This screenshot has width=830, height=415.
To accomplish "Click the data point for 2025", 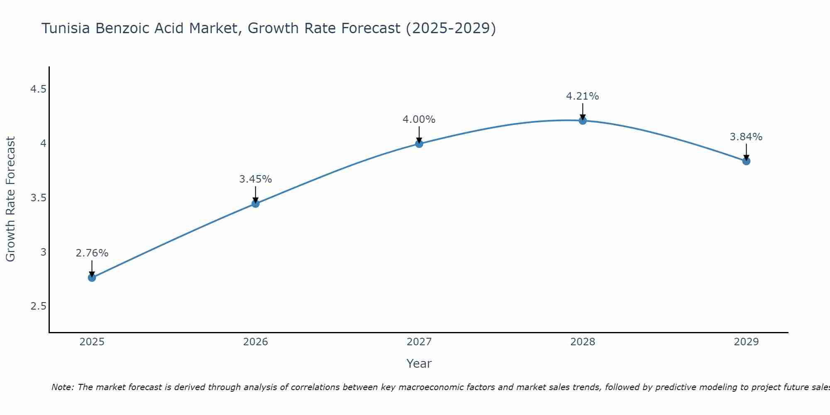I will tap(92, 278).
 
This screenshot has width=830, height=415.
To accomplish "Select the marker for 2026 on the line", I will tap(256, 203).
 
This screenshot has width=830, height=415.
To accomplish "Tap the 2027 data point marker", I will tap(419, 144).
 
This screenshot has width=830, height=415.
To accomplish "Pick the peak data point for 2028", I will tap(583, 121).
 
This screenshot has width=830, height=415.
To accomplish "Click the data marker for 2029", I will tap(746, 161).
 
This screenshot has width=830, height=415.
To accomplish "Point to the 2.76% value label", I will tap(92, 253).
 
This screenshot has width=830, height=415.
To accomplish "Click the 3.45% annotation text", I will tap(256, 179).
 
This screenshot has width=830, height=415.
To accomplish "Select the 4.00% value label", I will tap(419, 120).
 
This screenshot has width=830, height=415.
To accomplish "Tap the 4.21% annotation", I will tap(583, 96).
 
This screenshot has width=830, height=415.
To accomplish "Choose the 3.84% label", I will tap(746, 137).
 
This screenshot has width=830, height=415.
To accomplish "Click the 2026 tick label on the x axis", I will tap(256, 342).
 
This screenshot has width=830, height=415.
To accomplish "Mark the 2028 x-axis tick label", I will tap(583, 342).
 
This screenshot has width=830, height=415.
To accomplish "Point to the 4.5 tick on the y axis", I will tap(38, 89).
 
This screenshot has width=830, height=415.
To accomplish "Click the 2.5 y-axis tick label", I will tap(38, 306).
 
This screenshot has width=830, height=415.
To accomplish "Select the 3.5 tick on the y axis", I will tap(38, 198).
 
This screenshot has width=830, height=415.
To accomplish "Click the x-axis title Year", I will tap(419, 364).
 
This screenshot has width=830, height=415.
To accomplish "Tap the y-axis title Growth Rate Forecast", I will tap(11, 199).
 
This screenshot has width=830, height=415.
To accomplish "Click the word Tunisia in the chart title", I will tap(66, 28).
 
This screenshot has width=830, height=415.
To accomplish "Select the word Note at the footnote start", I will tap(62, 387).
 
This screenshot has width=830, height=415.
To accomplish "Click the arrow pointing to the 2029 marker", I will tap(746, 152).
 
